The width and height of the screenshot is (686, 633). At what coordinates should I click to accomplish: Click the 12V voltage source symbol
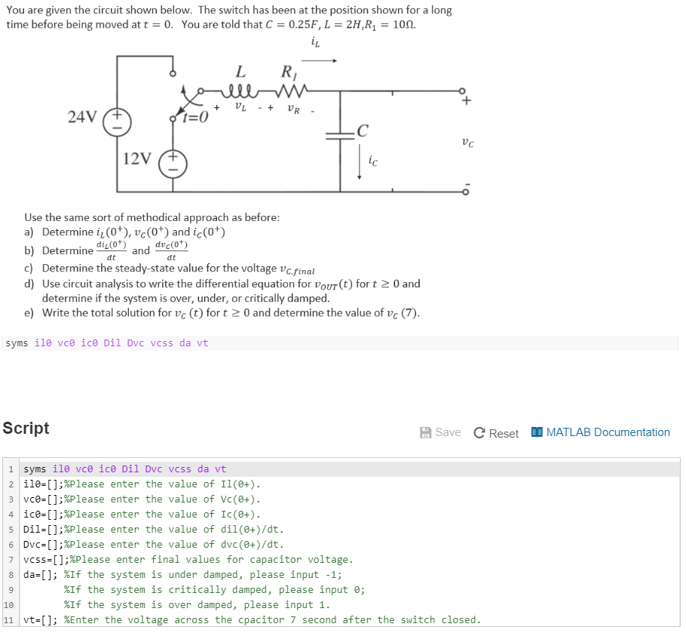pyautogui.click(x=171, y=161)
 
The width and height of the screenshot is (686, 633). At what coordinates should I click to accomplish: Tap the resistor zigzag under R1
pyautogui.click(x=291, y=93)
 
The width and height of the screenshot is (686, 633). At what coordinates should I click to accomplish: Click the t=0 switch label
pyautogui.click(x=196, y=117)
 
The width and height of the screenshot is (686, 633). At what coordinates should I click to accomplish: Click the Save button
pyautogui.click(x=440, y=432)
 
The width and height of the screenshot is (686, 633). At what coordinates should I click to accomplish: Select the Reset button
pyautogui.click(x=496, y=432)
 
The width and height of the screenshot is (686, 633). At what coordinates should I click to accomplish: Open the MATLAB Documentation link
pyautogui.click(x=600, y=432)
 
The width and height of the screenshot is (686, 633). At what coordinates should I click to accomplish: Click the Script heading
pyautogui.click(x=26, y=428)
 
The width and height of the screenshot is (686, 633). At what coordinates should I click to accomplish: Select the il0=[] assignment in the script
pyautogui.click(x=42, y=484)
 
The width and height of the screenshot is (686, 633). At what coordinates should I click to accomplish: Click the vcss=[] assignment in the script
pyautogui.click(x=45, y=560)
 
